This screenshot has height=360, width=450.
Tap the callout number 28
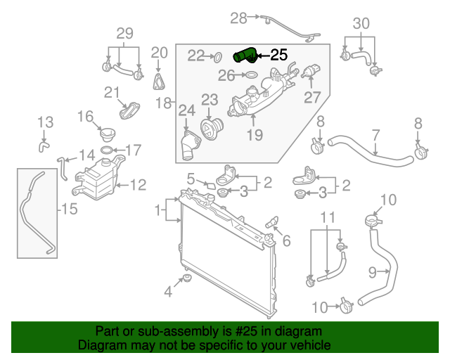coord(239,17)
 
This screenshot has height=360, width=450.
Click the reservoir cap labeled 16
coord(107,134)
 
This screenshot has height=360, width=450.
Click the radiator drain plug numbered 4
coord(186,283)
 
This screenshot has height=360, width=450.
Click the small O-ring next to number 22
coord(217,56)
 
